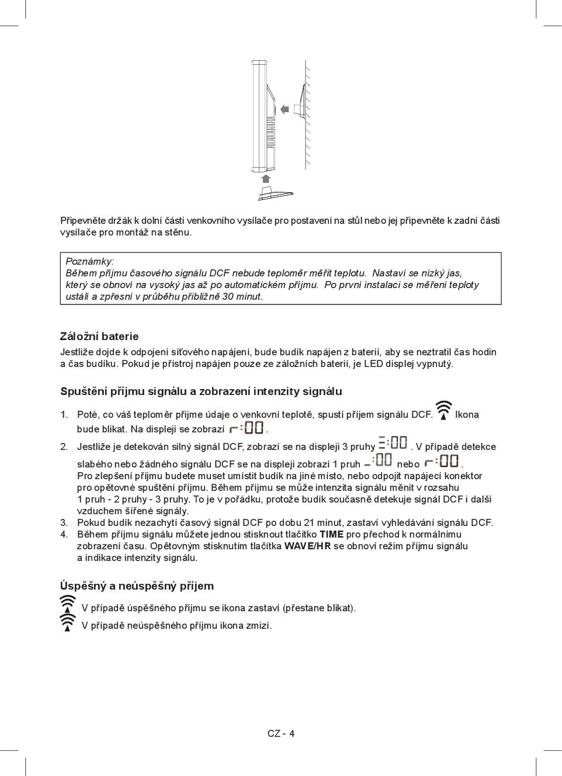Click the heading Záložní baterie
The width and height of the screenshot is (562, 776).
click(99, 337)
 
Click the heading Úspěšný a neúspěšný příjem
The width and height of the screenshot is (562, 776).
click(137, 586)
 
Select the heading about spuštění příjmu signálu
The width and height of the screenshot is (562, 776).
click(201, 392)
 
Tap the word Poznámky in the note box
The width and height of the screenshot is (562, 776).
click(90, 261)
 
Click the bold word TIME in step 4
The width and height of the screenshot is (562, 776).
click(331, 534)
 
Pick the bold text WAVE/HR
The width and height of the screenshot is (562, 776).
click(307, 546)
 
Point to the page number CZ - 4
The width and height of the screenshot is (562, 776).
click(281, 734)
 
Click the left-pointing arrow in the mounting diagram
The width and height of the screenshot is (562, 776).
click(285, 109)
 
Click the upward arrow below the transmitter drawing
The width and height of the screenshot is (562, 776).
click(266, 178)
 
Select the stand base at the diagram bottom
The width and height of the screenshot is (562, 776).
click(275, 194)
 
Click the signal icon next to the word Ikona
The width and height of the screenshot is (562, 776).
click(444, 411)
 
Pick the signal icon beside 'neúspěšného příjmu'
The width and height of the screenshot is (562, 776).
click(68, 622)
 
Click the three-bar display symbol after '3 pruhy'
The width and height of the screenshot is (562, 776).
click(393, 443)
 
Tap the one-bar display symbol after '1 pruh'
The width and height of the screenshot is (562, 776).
click(377, 460)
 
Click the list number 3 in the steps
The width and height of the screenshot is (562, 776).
click(64, 522)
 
